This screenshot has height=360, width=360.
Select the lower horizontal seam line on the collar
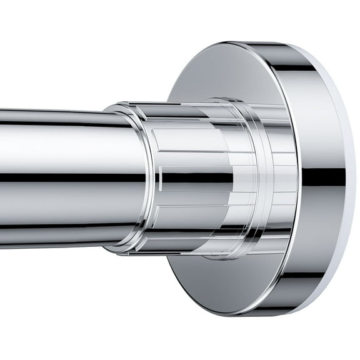click(x=200, y=206)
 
